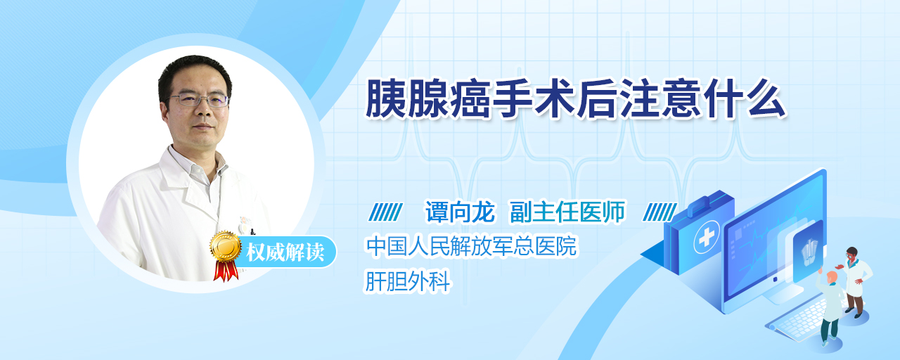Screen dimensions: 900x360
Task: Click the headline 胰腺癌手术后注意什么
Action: click(575, 99)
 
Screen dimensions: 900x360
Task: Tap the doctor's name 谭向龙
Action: click(460, 212)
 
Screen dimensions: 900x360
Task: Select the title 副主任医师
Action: click(567, 212)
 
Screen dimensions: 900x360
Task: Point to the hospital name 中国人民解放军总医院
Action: click(472, 246)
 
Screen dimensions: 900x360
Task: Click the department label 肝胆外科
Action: click(407, 281)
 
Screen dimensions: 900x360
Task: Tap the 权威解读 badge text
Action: click(285, 252)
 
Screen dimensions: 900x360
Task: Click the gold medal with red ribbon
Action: click(226, 255)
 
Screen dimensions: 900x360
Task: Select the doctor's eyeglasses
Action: click(198, 99)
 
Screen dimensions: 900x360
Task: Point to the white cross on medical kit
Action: click(707, 237)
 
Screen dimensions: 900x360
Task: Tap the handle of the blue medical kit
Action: click(707, 204)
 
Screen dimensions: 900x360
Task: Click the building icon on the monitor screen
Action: click(809, 252)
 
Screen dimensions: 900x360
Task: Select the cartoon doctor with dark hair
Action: click(855, 282)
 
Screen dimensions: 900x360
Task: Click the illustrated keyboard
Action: click(799, 320)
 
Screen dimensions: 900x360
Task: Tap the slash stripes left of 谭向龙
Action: click(385, 212)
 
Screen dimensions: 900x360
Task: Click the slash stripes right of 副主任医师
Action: click(660, 212)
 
